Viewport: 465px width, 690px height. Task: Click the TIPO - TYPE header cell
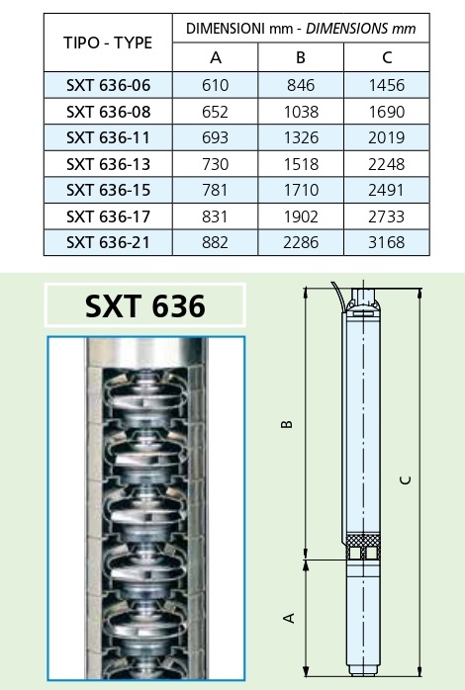pyautogui.click(x=108, y=43)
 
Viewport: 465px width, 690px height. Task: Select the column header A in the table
pyautogui.click(x=216, y=57)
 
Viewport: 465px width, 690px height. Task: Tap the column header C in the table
pyautogui.click(x=387, y=57)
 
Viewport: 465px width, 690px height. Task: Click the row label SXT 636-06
pyautogui.click(x=108, y=85)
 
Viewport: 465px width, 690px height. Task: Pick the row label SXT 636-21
pyautogui.click(x=108, y=242)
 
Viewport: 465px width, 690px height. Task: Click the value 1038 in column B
pyautogui.click(x=301, y=112)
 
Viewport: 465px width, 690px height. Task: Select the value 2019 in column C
pyautogui.click(x=387, y=137)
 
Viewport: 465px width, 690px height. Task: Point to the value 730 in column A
pyautogui.click(x=216, y=164)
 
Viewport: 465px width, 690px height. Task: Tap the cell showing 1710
pyautogui.click(x=301, y=190)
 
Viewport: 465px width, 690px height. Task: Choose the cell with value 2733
pyautogui.click(x=387, y=216)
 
